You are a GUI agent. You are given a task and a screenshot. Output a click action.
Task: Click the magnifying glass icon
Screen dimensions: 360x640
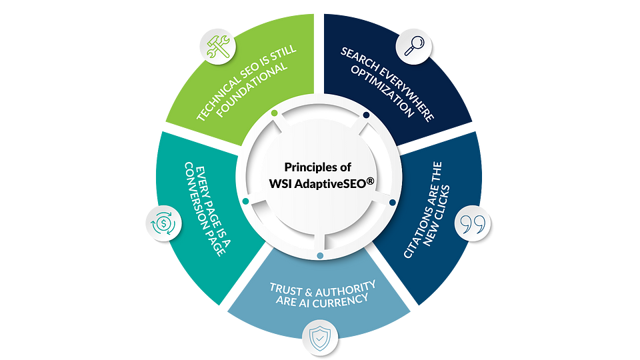click(414, 47)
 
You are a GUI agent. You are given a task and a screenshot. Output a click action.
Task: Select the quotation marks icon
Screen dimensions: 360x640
click(473, 225)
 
